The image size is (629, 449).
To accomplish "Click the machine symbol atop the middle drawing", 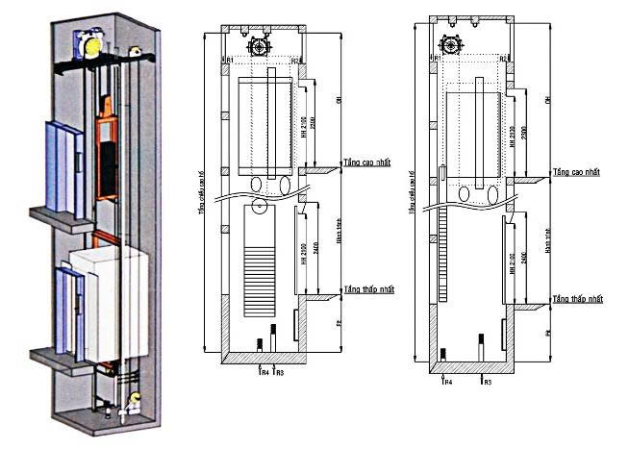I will click(259, 44).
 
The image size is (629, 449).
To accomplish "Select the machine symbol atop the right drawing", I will click(448, 41).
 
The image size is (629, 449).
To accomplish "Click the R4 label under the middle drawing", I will click(262, 370).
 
